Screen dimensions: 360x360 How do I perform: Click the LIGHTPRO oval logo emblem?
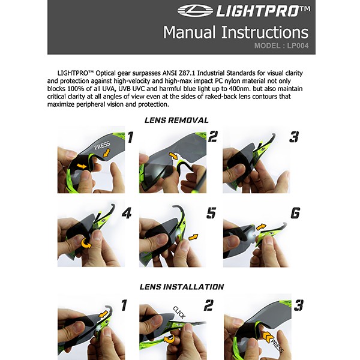click(196, 11)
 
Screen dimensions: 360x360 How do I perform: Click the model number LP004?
click(298, 46)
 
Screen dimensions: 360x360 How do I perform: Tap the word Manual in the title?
click(190, 32)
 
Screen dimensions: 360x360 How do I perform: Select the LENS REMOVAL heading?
click(176, 120)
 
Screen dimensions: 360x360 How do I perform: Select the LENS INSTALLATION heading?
click(182, 287)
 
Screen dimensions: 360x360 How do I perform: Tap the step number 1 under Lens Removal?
click(130, 137)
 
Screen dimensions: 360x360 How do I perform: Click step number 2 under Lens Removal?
click(213, 137)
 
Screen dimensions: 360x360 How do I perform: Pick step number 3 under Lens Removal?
click(294, 137)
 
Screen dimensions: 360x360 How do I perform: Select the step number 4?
click(127, 213)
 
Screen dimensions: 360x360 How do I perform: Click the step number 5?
click(211, 213)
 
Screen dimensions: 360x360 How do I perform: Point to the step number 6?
click(295, 213)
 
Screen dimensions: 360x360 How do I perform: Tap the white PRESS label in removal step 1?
click(102, 145)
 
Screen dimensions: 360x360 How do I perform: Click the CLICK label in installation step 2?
click(179, 313)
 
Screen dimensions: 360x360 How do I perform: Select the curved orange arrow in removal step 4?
click(86, 243)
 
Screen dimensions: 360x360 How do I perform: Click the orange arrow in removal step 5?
click(193, 237)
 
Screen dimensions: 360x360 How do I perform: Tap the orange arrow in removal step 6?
click(261, 227)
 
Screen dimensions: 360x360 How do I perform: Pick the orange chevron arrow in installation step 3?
click(267, 337)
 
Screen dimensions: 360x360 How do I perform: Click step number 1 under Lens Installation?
click(124, 305)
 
